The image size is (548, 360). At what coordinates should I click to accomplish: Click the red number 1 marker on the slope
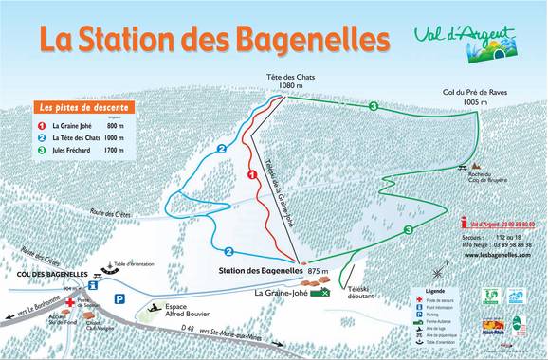click(252, 175)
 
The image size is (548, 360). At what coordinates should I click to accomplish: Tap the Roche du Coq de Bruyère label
click(474, 177)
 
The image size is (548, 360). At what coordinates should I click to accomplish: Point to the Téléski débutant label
click(357, 292)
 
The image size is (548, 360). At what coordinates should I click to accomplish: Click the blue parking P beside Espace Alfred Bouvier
click(119, 297)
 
